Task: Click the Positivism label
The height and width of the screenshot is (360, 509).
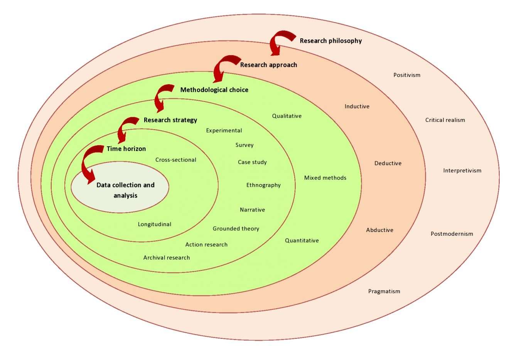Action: pos(407,75)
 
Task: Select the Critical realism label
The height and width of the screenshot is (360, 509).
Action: pos(445,120)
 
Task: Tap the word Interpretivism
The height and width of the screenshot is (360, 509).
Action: pos(462,171)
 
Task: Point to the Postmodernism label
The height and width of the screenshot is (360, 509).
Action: pos(452,234)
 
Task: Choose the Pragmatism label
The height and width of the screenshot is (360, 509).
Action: pos(384,291)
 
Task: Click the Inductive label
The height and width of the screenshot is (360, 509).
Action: pos(357,106)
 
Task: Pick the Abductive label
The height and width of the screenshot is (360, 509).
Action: pos(379,230)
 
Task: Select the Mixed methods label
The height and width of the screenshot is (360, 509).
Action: pos(325,178)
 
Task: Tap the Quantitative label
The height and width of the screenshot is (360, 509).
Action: pos(302,240)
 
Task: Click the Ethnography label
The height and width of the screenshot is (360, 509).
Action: pos(263,185)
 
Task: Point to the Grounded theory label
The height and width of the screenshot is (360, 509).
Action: pos(236,229)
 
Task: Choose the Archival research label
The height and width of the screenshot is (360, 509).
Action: pos(167,258)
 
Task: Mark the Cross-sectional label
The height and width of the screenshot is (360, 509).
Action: pos(175,160)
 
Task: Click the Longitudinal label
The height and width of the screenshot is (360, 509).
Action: pos(154,224)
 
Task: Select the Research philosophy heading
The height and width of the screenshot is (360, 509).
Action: pos(330,41)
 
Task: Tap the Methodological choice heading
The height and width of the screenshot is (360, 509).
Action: pos(214,90)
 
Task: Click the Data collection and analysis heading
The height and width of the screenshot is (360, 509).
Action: pos(125,190)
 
